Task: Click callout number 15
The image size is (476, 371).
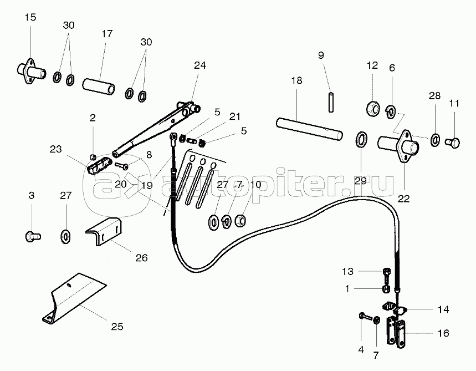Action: pos(30,18)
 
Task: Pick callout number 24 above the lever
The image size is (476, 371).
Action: pos(199,65)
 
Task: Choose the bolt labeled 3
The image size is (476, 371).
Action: pos(31,236)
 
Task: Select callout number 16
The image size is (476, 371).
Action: pos(443,333)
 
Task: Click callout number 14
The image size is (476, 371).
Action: pos(443,309)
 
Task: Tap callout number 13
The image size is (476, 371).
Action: pos(347,271)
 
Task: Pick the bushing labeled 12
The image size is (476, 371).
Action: pos(373,106)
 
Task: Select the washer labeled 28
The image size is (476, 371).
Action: pos(435,138)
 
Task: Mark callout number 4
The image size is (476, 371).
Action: pos(361,350)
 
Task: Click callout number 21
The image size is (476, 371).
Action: pos(235,116)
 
